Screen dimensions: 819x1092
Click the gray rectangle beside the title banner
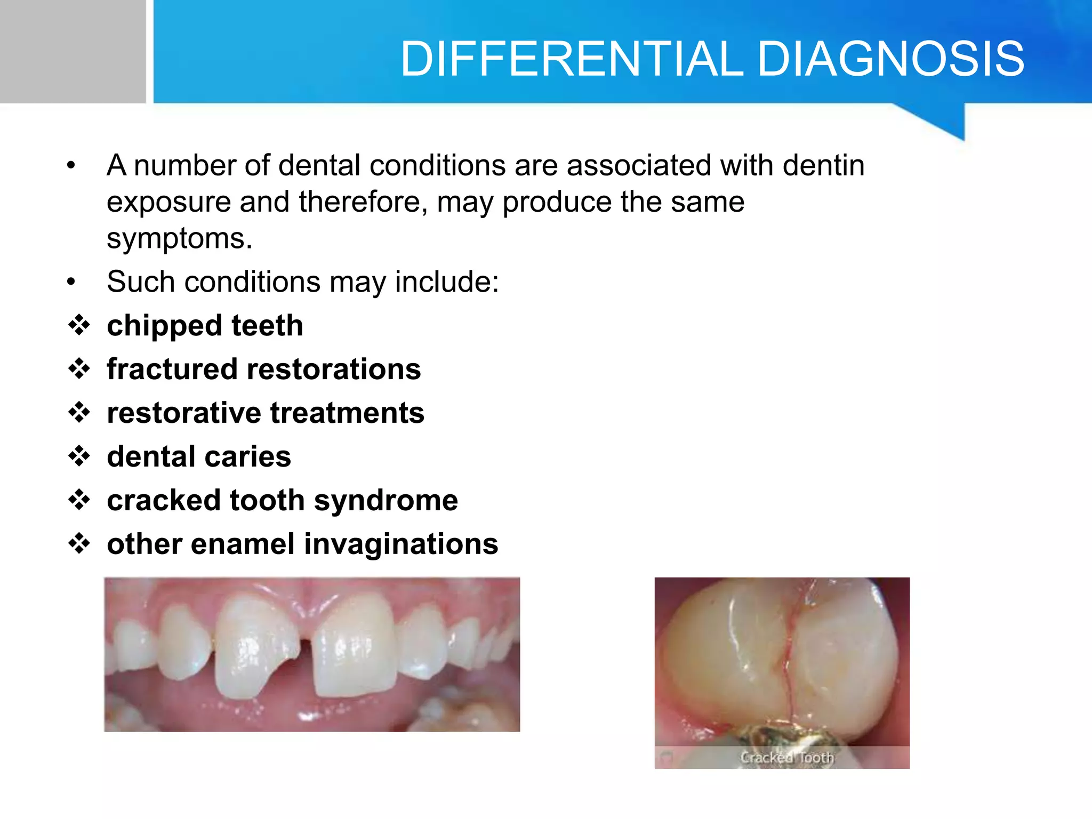(73, 51)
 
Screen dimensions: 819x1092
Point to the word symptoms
(179, 239)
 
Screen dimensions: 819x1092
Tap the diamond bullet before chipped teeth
(79, 325)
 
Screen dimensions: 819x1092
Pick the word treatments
(347, 413)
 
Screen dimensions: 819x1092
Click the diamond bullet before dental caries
(79, 456)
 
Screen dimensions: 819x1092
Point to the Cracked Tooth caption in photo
(786, 757)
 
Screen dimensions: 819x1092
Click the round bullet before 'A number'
(71, 166)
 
